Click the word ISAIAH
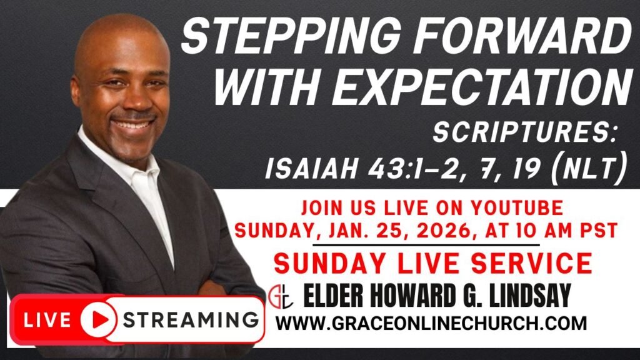tap(311, 168)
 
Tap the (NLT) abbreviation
tap(588, 168)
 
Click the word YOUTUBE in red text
tap(517, 207)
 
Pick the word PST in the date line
tap(599, 231)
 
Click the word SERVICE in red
tap(531, 263)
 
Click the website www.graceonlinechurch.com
tap(431, 323)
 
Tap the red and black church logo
tap(281, 296)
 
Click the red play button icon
tap(98, 319)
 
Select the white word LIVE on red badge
tap(47, 320)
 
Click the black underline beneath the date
tap(426, 245)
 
